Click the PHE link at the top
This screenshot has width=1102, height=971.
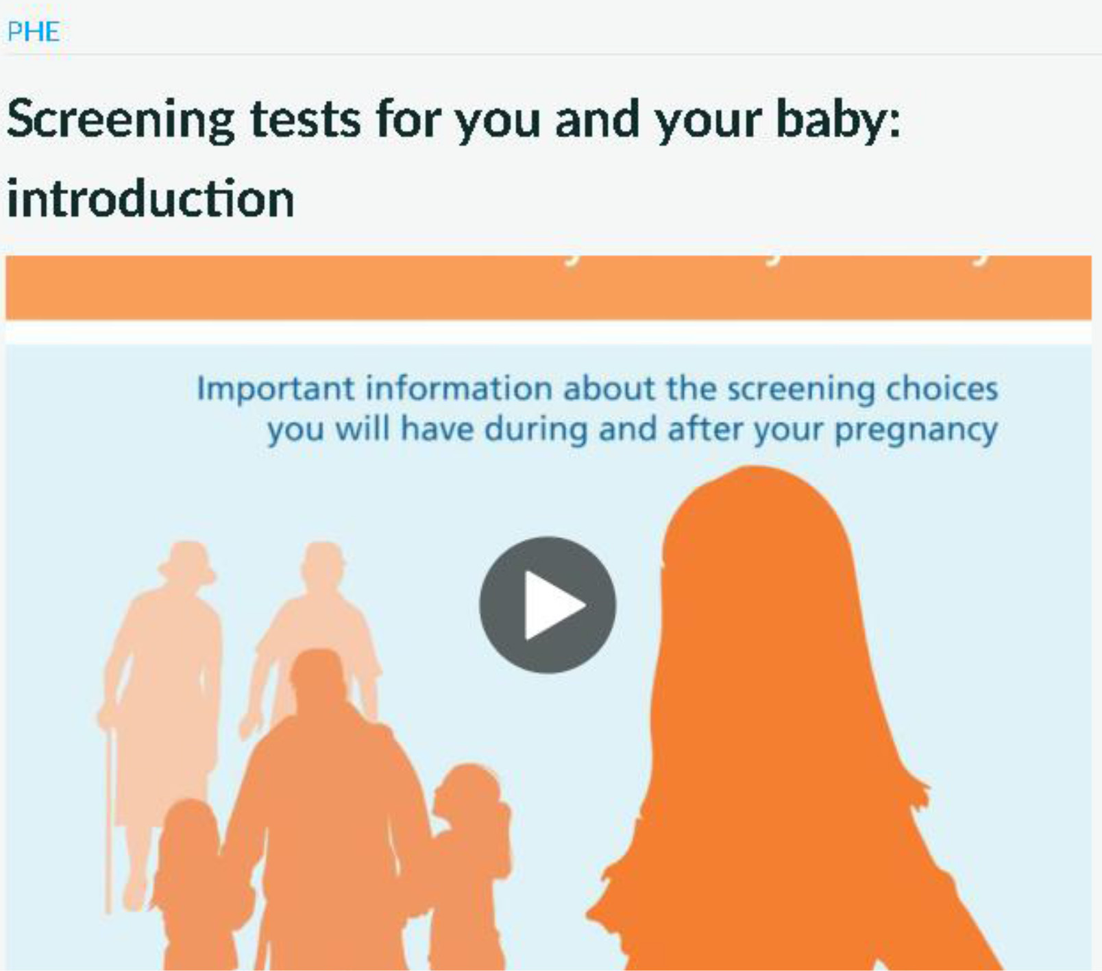coord(33,32)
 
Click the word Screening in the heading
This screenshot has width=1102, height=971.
coord(121,120)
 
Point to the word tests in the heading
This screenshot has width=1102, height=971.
coord(305,120)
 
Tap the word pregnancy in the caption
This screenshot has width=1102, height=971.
coord(916,431)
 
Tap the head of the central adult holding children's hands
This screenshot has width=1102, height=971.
coord(317,675)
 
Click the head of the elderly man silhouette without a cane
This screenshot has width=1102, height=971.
coord(323,566)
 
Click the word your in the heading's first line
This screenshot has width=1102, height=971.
coord(709,120)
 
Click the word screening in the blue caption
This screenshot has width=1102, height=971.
coord(800,389)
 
